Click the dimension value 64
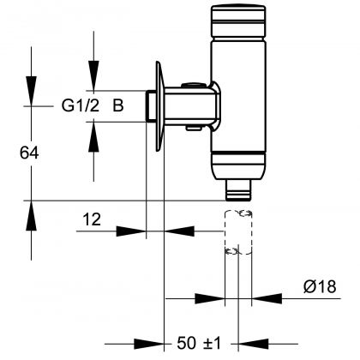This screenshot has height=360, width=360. coord(29,152)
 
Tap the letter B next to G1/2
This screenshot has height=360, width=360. coord(118,106)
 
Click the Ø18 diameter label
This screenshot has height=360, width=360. coord(322,288)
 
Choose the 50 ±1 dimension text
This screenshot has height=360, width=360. coord(199,344)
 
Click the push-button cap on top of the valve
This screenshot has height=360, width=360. coord(234,18)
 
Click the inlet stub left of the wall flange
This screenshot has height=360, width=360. coord(149,106)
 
